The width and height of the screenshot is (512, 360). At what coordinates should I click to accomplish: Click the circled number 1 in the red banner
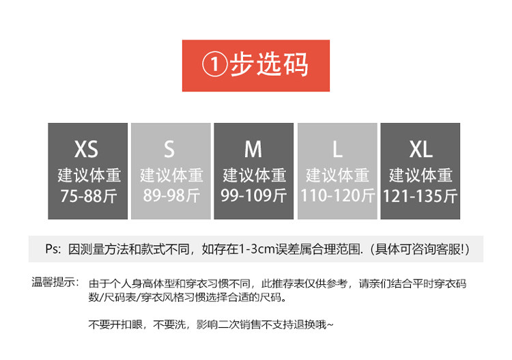click(215, 66)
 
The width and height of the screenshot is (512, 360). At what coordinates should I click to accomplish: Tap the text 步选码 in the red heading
click(269, 65)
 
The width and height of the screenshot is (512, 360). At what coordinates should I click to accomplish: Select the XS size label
click(87, 149)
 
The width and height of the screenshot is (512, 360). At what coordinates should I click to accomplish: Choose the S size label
click(169, 149)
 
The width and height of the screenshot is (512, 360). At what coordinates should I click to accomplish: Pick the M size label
click(253, 149)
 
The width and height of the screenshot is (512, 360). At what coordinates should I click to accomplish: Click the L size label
click(337, 149)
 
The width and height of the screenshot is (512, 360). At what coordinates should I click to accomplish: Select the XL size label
click(421, 149)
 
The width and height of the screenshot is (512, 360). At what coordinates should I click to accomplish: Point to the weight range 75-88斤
click(89, 196)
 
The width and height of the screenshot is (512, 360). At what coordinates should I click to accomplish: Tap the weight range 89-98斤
click(171, 196)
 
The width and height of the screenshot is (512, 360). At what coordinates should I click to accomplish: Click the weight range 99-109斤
click(254, 196)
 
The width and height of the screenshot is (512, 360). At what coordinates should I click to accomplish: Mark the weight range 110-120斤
click(338, 196)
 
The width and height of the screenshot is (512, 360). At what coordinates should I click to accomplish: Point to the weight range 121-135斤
click(421, 196)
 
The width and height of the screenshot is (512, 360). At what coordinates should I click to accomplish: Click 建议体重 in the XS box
click(89, 175)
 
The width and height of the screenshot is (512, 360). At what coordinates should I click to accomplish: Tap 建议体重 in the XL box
click(421, 175)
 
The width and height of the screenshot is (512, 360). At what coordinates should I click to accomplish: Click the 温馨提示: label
click(55, 282)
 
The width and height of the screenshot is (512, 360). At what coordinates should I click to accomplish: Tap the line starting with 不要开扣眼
click(211, 324)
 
